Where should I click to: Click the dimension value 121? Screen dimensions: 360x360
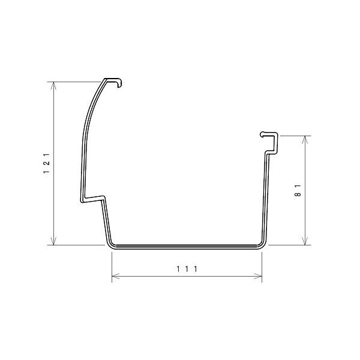point(46,163)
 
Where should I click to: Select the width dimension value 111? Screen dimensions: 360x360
point(187,269)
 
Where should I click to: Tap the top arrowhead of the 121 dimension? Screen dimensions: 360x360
point(55,85)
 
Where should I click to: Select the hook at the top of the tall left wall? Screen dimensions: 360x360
point(115,81)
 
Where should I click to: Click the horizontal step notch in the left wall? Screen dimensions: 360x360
point(92,197)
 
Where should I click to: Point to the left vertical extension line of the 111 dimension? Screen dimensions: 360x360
point(112,264)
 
